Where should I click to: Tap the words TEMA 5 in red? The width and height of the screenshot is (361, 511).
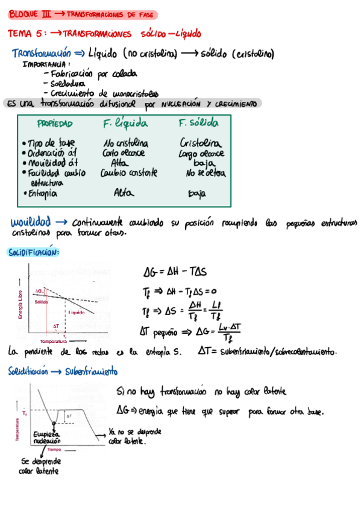(25, 34)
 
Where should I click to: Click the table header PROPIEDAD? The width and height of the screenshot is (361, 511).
(55, 124)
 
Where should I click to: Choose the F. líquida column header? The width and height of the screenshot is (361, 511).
(125, 124)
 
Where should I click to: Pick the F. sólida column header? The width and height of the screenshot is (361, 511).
(198, 123)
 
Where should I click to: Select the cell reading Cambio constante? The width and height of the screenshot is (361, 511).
(130, 173)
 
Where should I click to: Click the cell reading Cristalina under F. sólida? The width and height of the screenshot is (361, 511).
(201, 143)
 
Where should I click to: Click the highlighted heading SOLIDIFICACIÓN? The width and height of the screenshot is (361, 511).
(34, 252)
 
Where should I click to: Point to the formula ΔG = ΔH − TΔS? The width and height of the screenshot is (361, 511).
(179, 272)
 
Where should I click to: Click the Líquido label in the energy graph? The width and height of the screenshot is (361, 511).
(77, 312)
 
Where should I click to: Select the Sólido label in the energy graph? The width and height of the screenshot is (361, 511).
(41, 302)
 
